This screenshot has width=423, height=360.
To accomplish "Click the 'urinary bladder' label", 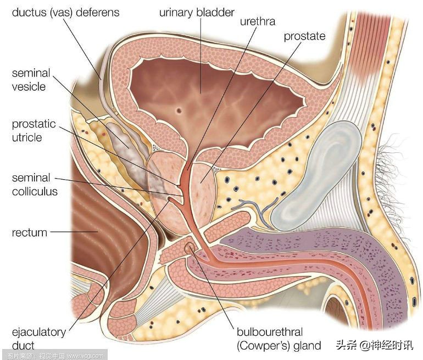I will pos(197,12).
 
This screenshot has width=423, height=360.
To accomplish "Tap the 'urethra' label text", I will pos(257,23).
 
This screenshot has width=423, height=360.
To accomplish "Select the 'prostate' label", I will pos(304,36).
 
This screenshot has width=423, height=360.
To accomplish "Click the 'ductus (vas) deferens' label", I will pos(65,12).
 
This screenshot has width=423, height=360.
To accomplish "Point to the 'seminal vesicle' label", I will pos(31,80).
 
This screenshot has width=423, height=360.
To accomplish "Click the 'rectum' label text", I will pos(30,233).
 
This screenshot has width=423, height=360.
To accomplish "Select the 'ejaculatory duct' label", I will pos(38,339).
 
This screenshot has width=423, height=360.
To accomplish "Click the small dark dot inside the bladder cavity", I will pos(179,110).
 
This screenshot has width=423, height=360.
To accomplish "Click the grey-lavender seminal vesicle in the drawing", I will pos(124,137).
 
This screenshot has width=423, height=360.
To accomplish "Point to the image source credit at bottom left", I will pos(53,355).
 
